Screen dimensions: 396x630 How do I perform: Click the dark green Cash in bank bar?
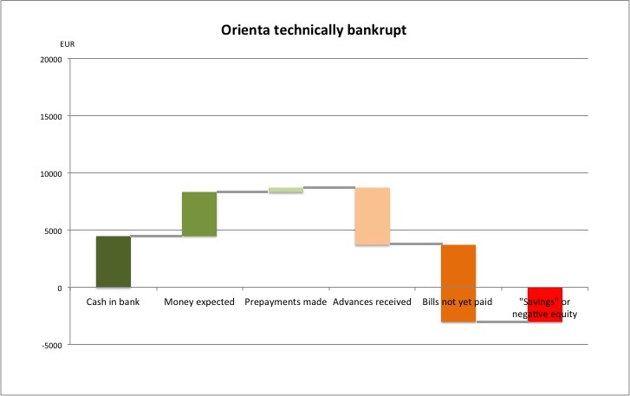click(114, 261)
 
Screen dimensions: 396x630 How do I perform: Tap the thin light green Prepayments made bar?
click(286, 190)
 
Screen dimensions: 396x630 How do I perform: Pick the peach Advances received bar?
click(373, 217)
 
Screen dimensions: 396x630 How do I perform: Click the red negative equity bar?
click(545, 304)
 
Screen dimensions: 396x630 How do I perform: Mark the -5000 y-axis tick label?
click(49, 345)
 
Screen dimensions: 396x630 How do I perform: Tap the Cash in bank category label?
click(113, 302)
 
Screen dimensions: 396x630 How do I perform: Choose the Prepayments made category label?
click(285, 302)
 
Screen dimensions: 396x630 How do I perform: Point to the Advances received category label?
click(373, 302)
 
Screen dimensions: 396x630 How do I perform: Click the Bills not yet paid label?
click(459, 302)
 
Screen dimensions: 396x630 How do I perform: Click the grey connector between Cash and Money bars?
click(156, 236)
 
